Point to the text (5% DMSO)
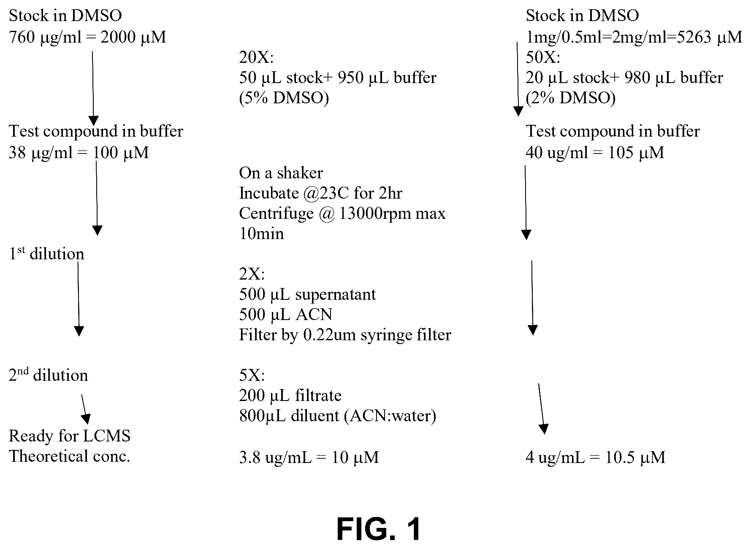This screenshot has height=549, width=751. pos(284,98)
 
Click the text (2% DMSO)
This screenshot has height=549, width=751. pos(570,98)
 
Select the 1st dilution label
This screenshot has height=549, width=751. pos(46,254)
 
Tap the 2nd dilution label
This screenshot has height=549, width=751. pos(49,375)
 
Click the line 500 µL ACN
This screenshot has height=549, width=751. pos(285,315)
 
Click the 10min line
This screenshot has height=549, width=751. pos(261,234)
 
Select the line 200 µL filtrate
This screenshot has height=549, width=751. pos(290,396)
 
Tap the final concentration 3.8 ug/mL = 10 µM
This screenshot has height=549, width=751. pos(309,457)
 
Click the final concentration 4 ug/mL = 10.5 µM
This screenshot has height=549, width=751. pos(595,457)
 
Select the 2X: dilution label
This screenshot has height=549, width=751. pos(252,274)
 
